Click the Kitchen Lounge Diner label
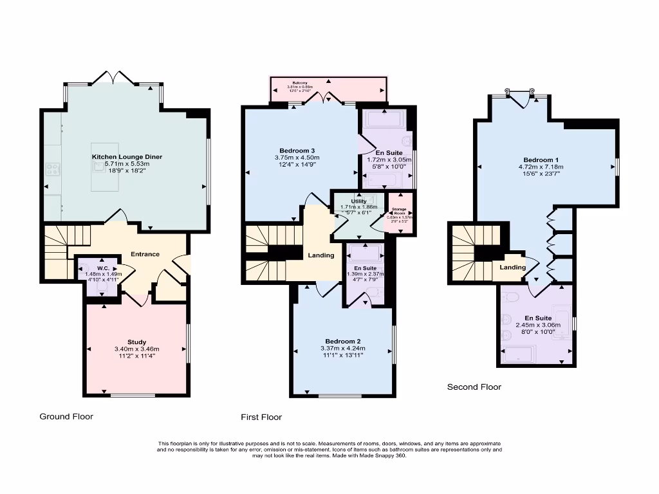click(x=127, y=157)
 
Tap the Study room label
click(x=136, y=342)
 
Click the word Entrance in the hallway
click(x=145, y=254)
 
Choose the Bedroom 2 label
click(x=342, y=341)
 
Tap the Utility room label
click(x=358, y=201)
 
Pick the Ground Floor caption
click(x=66, y=416)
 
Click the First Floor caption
click(x=261, y=417)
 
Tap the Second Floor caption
click(x=474, y=387)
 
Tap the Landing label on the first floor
click(x=320, y=255)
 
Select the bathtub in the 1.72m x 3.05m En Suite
click(x=384, y=118)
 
